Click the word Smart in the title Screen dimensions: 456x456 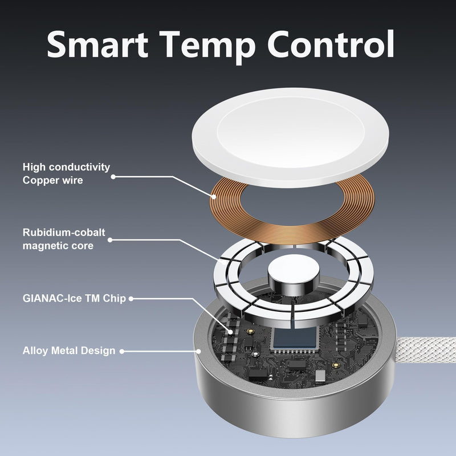(x=97, y=44)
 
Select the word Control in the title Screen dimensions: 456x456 (x=331, y=44)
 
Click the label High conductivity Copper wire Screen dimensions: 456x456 (x=66, y=174)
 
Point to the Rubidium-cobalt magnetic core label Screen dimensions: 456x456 (x=64, y=239)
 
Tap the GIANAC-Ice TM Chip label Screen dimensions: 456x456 (x=74, y=298)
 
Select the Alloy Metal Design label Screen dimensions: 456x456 (x=69, y=351)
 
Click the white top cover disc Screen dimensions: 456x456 (x=290, y=137)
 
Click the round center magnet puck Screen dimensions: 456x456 (x=294, y=272)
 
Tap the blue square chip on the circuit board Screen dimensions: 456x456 (x=294, y=337)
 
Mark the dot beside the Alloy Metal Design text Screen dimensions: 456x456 (x=122, y=351)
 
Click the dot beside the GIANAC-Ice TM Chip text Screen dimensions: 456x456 (x=131, y=299)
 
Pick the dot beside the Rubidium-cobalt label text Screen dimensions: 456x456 (x=110, y=240)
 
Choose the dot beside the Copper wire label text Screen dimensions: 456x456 (x=113, y=177)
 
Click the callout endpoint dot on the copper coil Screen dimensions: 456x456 (x=214, y=197)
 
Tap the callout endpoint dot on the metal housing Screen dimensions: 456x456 (x=198, y=351)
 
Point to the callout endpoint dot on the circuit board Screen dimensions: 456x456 (x=231, y=332)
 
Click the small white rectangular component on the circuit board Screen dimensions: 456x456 (x=320, y=376)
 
